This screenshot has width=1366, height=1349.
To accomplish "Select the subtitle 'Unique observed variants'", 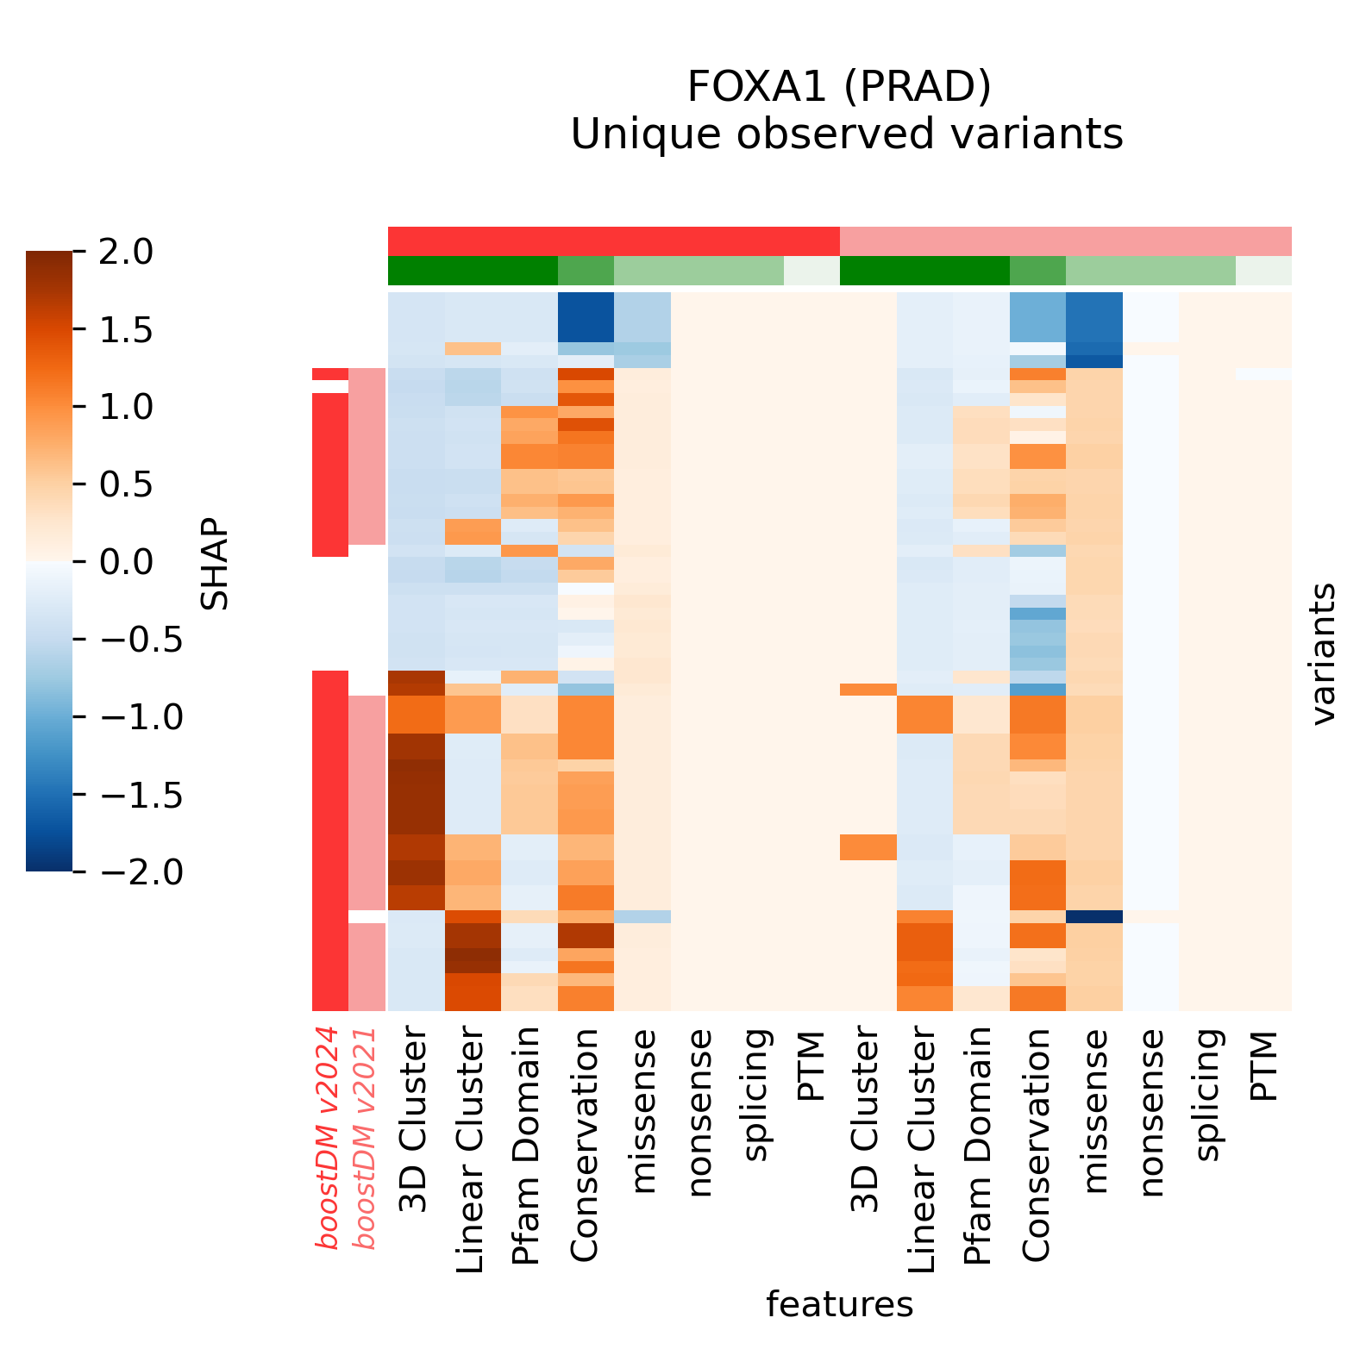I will point(847,134).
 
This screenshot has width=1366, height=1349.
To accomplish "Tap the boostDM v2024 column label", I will point(328,1138).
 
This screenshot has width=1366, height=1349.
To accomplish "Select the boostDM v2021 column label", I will point(367,1138).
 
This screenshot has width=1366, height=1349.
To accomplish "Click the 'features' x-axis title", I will point(839,1305).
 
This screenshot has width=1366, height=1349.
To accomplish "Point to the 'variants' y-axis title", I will point(1323,653).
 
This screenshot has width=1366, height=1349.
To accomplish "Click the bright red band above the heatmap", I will point(613,240).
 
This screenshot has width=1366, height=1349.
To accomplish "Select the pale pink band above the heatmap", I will point(1065,240).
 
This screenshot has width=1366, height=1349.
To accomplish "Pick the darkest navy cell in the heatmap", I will point(1093,916).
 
